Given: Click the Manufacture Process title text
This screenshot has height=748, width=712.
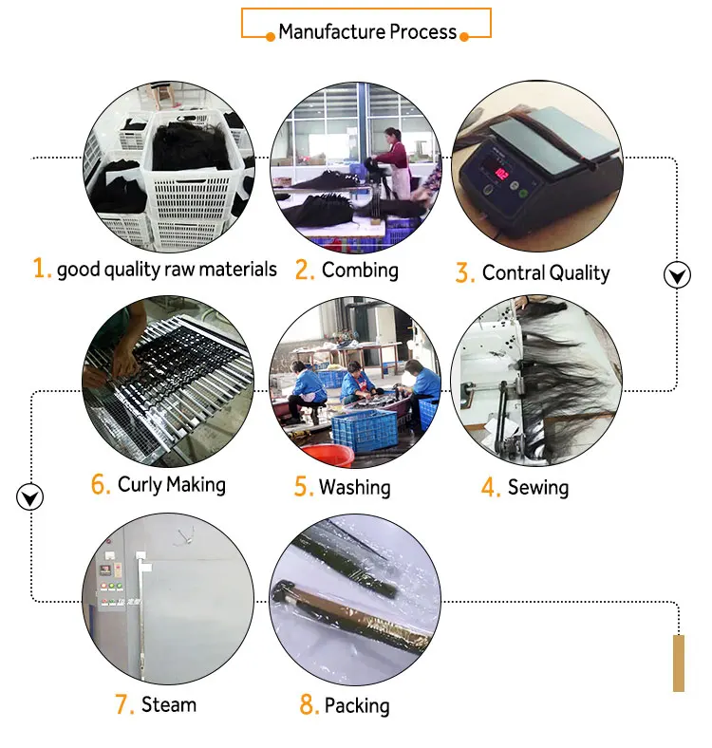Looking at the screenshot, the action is (x=367, y=32).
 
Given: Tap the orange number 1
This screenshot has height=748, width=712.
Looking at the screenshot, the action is (x=41, y=269).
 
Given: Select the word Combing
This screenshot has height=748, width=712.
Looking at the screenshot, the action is (x=360, y=270).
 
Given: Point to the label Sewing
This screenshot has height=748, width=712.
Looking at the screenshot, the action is (x=538, y=488).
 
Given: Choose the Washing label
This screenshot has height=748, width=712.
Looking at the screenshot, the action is (x=354, y=488).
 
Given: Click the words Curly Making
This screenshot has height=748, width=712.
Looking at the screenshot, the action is (x=172, y=485).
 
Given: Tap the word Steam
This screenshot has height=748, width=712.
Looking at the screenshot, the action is (x=169, y=704).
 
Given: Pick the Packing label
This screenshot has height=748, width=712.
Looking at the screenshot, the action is (x=357, y=705).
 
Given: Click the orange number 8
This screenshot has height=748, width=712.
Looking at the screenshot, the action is (x=308, y=705).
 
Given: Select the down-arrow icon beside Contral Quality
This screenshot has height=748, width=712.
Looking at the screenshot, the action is (x=676, y=275).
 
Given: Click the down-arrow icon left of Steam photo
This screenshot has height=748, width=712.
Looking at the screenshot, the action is (x=31, y=496).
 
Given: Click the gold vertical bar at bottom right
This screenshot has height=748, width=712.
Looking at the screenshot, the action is (x=679, y=663).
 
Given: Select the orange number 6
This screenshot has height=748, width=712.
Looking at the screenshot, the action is (x=101, y=485).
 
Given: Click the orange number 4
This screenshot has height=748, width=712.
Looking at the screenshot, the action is (x=490, y=489).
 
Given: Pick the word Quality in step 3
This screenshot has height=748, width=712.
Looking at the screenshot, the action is (x=578, y=273).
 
